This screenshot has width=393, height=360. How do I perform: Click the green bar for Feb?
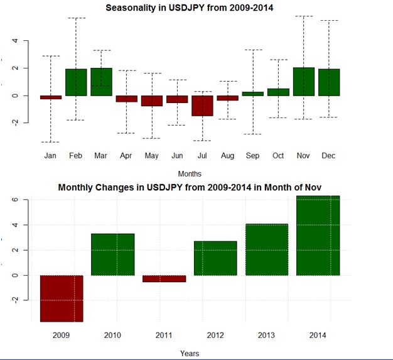(x=76, y=82)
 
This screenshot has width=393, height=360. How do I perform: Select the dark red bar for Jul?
(x=202, y=106)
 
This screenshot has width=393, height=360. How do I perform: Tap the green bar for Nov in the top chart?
(x=303, y=82)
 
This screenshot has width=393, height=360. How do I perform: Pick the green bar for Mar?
(x=101, y=82)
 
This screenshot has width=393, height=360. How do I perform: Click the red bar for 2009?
(x=62, y=298)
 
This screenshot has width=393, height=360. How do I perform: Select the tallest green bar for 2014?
(x=318, y=236)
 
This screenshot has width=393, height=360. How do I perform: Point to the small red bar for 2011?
(x=164, y=278)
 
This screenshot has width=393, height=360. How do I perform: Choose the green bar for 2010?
(x=113, y=254)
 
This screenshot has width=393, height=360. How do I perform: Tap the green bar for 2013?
(x=267, y=249)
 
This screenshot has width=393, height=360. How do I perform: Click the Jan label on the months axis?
(x=51, y=156)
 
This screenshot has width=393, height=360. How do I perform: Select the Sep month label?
(x=253, y=156)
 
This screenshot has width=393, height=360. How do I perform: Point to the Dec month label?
(x=329, y=156)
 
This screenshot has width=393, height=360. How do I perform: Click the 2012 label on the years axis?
(x=215, y=335)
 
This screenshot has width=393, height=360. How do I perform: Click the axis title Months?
(x=190, y=173)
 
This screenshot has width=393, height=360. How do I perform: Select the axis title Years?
(x=190, y=353)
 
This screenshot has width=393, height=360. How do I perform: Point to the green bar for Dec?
(x=329, y=82)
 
